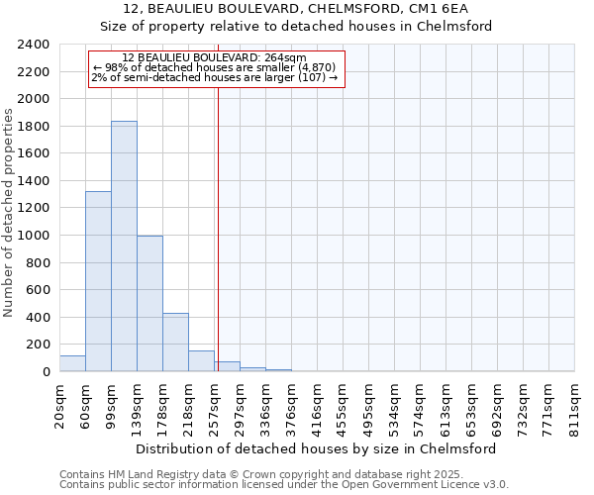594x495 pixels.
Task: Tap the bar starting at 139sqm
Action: pos(149,303)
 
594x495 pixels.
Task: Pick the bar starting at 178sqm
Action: pos(175,342)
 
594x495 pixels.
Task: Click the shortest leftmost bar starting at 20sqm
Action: pos(72,363)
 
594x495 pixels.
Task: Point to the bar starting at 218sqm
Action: pos(201,361)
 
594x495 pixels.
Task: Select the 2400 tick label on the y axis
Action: pos(34,45)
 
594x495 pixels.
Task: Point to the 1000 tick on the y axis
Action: pos(34,236)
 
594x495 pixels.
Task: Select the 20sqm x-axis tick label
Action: pos(60,405)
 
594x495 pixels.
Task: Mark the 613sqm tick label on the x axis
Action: pos(446,407)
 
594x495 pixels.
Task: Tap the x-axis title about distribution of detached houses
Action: pos(317,448)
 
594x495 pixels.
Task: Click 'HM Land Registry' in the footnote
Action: pos(156,474)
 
